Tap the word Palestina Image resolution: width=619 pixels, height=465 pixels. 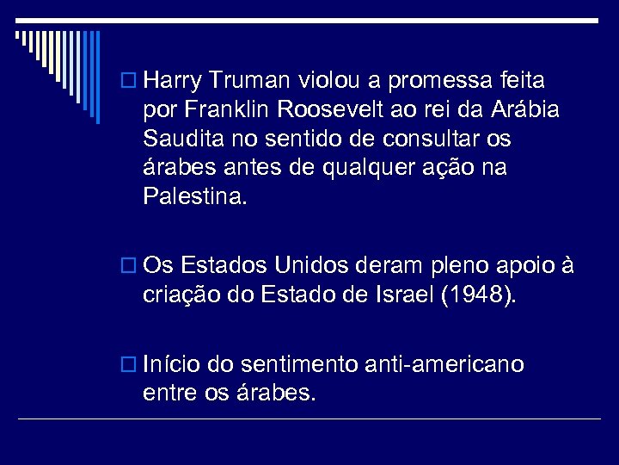pyautogui.click(x=195, y=196)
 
